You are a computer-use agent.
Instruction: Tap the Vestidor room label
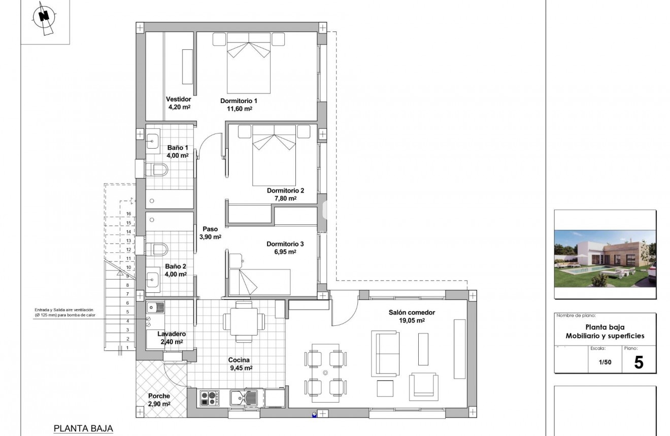(x=179, y=99)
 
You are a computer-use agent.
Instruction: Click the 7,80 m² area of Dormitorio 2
(x=285, y=199)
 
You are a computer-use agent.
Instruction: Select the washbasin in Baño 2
(x=153, y=277)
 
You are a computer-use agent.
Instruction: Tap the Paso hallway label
(x=210, y=229)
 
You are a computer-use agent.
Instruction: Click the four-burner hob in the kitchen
(x=209, y=397)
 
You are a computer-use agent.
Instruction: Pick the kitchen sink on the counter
(x=246, y=397)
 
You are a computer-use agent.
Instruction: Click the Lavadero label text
(x=171, y=334)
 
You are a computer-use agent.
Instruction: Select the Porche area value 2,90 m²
(x=159, y=404)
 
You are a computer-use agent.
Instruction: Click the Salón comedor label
(x=412, y=313)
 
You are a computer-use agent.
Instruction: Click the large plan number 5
(x=639, y=362)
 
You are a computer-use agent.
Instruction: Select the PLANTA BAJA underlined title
(x=83, y=428)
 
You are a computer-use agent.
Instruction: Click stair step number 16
(x=115, y=214)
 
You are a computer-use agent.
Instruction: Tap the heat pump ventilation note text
(x=64, y=312)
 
